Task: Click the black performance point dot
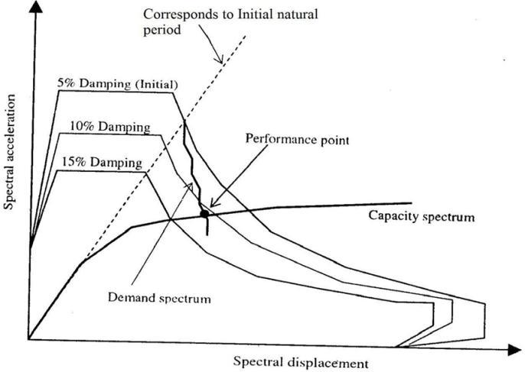[x=204, y=214]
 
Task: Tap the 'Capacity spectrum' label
[x=422, y=216]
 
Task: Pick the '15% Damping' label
[x=100, y=163]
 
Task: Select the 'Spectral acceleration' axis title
[x=11, y=153]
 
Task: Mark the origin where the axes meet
[x=29, y=339]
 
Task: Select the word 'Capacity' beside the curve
[x=395, y=216]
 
